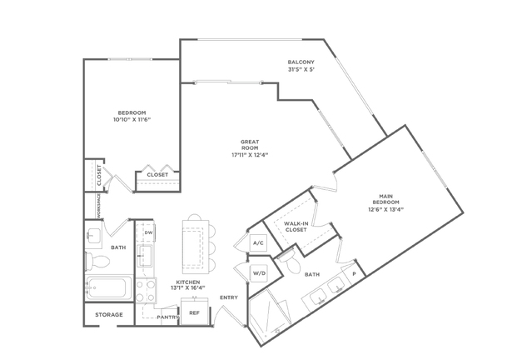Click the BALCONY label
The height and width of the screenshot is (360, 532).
point(301,62)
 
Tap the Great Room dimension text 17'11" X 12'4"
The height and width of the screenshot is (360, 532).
point(250,155)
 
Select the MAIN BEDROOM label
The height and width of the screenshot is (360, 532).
point(385,199)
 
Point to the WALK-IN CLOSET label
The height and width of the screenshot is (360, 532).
point(296,227)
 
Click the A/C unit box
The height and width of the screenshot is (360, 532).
point(258,242)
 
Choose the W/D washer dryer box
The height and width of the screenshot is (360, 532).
point(259,273)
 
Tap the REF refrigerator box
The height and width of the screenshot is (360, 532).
point(194,312)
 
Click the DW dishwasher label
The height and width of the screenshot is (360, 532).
point(148,232)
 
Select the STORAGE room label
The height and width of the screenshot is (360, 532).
point(109,315)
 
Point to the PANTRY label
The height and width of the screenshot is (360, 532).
point(168,317)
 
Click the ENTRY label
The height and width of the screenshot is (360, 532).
point(229,297)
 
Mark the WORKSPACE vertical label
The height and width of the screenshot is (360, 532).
point(99,206)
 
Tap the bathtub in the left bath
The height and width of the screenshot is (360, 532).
point(108,287)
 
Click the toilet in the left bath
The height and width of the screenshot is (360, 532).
point(97,261)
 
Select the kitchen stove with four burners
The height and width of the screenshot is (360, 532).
point(146,290)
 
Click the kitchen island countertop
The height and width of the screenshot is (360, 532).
point(196,247)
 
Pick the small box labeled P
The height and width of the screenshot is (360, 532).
point(354,273)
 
